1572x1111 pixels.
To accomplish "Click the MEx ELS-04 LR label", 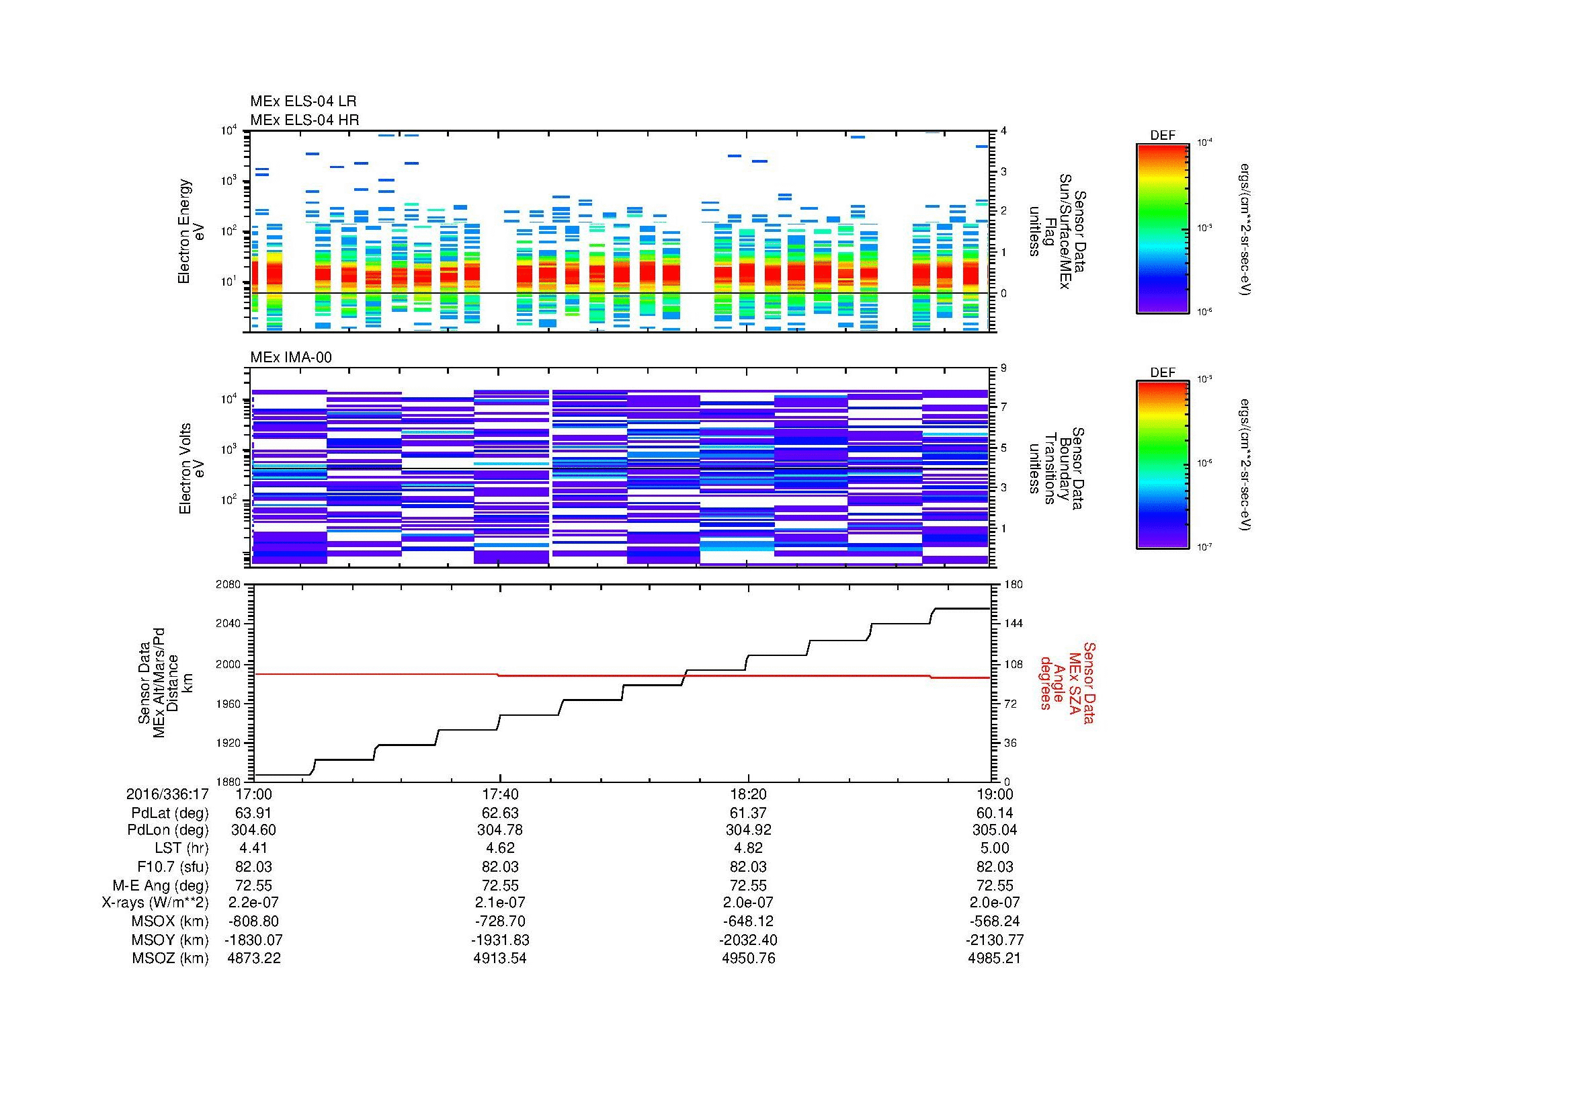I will coord(302,101).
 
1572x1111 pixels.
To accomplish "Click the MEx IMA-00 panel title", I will coord(290,358).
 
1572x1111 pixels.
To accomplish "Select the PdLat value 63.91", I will coord(253,813).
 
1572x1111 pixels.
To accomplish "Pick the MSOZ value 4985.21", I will coord(994,958).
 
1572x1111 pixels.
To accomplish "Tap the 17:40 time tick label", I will coord(500,794).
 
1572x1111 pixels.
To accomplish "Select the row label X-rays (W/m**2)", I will coord(155,903).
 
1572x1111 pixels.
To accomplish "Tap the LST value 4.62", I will coord(500,848).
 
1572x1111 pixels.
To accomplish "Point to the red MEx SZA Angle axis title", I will coord(1067,683).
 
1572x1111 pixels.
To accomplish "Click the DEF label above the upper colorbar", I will coord(1162,136).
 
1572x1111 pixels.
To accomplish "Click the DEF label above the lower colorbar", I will coord(1162,372).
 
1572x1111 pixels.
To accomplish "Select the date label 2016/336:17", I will coord(167,794).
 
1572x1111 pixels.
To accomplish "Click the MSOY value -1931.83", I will coord(500,940).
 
